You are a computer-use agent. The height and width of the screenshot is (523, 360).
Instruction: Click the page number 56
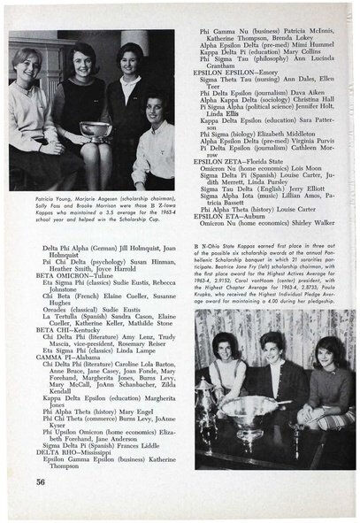[x=41, y=482]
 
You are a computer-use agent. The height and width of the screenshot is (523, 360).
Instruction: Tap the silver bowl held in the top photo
[x=95, y=128]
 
